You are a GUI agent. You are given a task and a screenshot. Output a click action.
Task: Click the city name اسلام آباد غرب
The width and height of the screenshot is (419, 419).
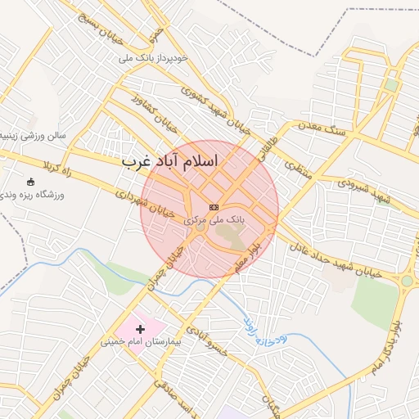click(x=170, y=160)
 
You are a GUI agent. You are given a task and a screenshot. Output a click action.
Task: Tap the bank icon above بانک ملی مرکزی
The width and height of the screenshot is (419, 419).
click(x=214, y=208)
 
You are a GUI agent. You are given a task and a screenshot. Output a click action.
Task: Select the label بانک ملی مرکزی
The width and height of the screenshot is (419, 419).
click(x=214, y=221)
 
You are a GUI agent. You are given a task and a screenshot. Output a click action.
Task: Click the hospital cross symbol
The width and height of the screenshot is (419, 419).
click(x=140, y=329)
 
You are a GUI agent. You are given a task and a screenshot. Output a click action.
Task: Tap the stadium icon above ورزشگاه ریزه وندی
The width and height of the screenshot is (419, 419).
click(x=31, y=182)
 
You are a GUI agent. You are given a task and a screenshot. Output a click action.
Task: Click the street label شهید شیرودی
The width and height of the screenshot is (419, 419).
click(x=364, y=190)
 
